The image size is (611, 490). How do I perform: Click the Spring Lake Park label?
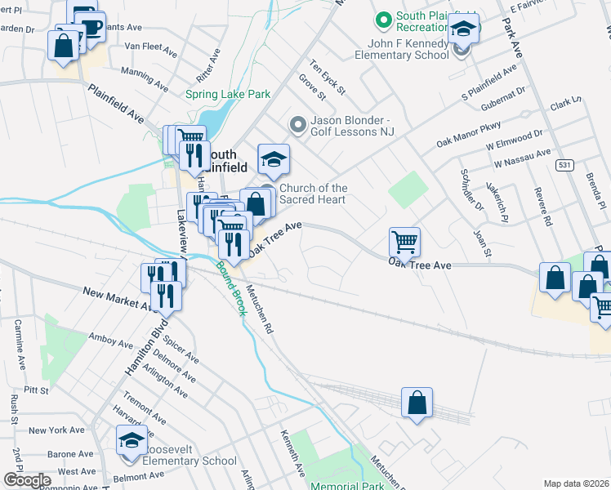pyautogui.click(x=233, y=94)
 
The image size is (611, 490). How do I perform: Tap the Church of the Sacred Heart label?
pyautogui.click(x=314, y=194)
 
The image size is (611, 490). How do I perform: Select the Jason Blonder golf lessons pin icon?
pyautogui.click(x=297, y=125)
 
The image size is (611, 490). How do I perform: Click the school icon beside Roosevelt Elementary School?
pyautogui.click(x=132, y=441)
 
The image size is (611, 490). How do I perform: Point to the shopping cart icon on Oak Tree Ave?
pyautogui.click(x=404, y=242)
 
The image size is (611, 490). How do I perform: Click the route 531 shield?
pyautogui.click(x=540, y=165)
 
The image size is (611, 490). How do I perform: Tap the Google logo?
pyautogui.click(x=26, y=480)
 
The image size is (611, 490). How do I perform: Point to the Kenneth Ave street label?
pyautogui.click(x=292, y=454)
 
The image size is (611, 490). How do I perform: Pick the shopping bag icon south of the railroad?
pyautogui.click(x=417, y=403)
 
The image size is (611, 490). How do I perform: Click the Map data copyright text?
pyautogui.click(x=576, y=483)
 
